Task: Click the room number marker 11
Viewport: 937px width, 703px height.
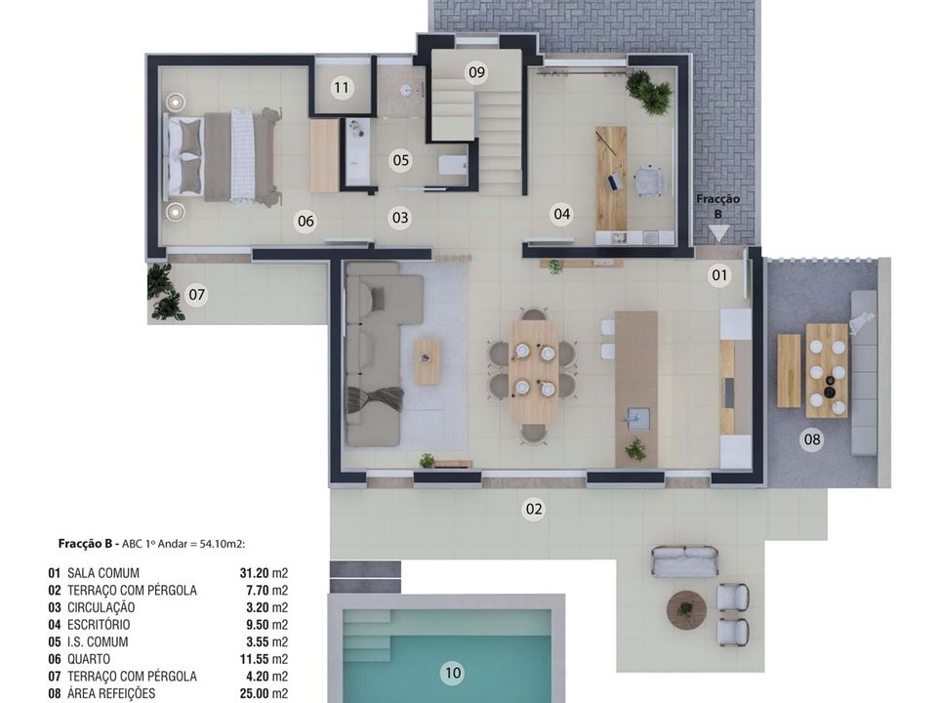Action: point(342,88)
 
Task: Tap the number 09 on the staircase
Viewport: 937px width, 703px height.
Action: point(476,72)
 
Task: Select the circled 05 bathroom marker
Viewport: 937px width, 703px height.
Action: point(400,160)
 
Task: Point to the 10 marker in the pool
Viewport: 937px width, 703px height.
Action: point(452,673)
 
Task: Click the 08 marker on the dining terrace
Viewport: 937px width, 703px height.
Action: point(811,440)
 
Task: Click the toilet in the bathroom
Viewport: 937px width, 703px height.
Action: point(452,165)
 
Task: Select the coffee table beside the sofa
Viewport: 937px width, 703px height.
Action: point(428,361)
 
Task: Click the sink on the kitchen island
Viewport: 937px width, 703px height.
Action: point(635,418)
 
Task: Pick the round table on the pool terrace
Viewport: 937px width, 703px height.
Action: point(686,609)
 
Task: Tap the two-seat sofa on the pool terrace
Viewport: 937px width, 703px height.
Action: point(684,561)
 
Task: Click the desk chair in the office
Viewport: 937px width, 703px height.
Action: point(648,181)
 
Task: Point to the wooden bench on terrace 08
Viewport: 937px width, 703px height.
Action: point(789,371)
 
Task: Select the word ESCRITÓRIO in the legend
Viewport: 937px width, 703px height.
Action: point(99,625)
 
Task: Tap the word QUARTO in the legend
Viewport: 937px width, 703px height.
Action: point(89,659)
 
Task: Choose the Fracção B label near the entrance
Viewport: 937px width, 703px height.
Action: point(717,206)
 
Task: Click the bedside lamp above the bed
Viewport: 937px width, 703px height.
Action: point(175,102)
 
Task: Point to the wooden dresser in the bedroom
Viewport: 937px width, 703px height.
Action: point(324,156)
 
